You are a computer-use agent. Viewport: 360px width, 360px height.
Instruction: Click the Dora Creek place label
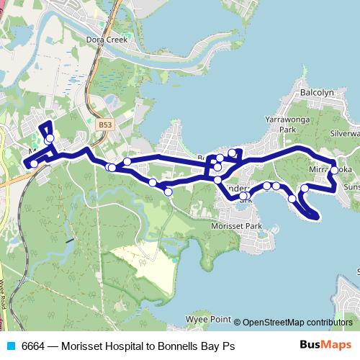coord(107,40)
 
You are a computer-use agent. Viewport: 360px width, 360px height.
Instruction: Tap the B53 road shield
coord(105,125)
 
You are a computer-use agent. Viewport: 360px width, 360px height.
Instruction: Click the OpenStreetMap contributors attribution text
coord(297,322)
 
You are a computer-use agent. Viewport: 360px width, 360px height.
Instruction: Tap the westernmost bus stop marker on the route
coord(33,163)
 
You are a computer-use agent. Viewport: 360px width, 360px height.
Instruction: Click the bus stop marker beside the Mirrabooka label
coord(333,171)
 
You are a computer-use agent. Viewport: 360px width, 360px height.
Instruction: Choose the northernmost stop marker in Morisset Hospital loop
coord(49,129)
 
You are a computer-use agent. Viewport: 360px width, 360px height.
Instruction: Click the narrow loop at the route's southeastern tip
coord(309,210)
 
